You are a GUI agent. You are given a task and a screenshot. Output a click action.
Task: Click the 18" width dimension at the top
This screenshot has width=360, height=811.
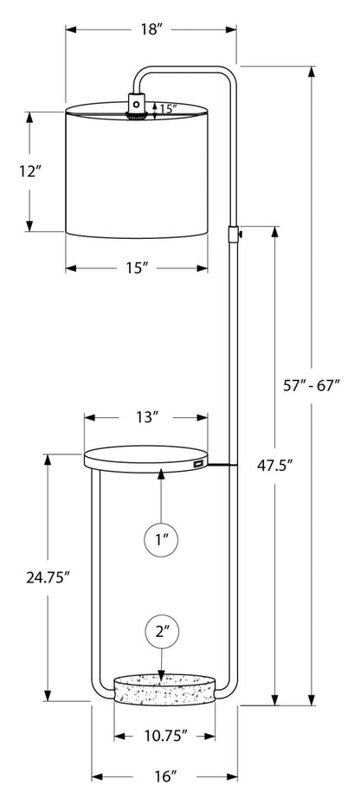[151, 29]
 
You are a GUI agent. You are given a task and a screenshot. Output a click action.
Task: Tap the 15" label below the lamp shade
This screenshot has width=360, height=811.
[137, 267]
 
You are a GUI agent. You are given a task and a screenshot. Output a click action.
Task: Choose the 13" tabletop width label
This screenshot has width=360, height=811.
[147, 417]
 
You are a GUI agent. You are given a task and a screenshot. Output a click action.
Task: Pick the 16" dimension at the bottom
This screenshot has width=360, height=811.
[164, 777]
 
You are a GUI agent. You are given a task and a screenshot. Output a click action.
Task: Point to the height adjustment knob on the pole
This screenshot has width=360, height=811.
[234, 233]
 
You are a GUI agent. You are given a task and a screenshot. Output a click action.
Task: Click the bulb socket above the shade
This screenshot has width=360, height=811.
[136, 106]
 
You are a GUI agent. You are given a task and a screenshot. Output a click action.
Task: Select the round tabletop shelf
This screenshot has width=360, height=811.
[145, 456]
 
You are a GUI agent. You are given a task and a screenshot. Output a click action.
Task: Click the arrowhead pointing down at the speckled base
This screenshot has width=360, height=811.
[163, 674]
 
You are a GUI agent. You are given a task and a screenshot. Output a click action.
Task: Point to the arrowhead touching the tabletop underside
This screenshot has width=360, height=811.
[162, 475]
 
